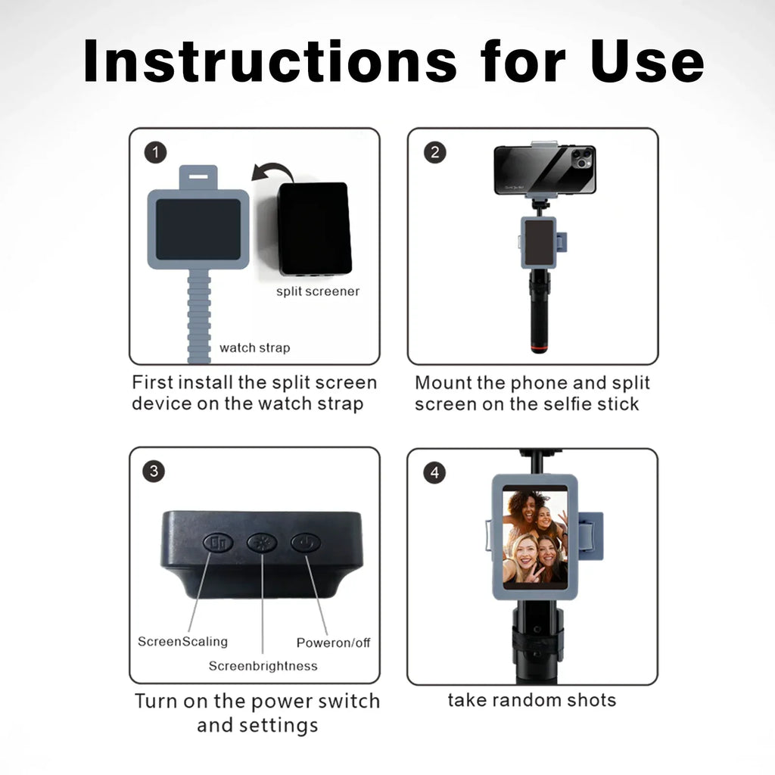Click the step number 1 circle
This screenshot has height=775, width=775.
(155, 153)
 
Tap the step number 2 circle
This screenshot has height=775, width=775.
(434, 153)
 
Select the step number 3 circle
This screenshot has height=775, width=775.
(154, 472)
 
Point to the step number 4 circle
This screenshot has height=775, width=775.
(434, 473)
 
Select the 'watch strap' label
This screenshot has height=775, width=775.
(254, 348)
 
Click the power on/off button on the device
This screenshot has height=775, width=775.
(306, 543)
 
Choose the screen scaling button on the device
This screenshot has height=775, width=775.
(217, 543)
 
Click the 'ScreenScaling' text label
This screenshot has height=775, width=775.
(182, 642)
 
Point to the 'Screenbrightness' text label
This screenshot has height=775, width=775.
(263, 666)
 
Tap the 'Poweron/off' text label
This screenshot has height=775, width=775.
(333, 643)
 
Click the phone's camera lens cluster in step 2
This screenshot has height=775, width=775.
(580, 159)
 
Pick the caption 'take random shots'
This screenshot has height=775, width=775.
(531, 700)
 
